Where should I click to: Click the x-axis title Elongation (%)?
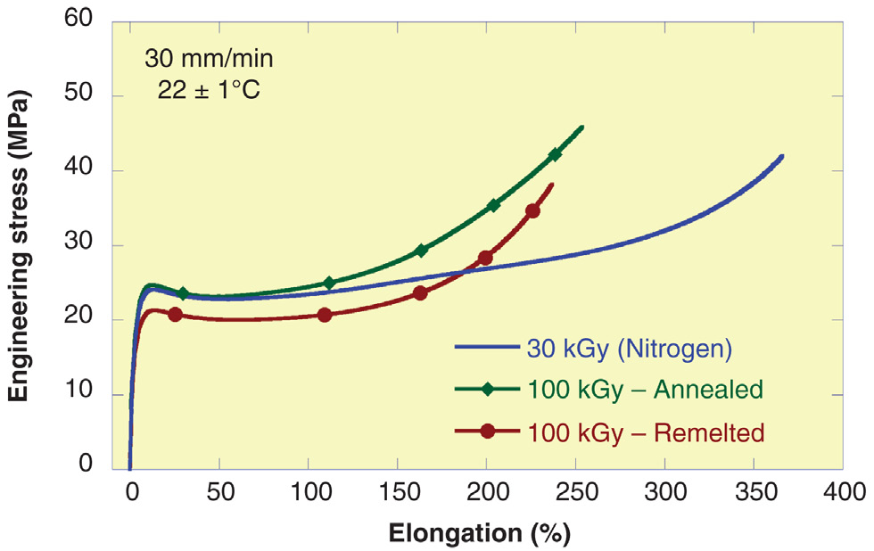click(479, 532)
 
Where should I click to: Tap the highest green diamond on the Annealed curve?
click(555, 154)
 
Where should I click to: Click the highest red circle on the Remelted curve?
click(532, 211)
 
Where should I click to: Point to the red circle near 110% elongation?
click(325, 315)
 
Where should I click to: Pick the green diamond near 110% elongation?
click(329, 284)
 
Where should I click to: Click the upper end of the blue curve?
click(782, 156)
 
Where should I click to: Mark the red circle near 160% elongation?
click(420, 293)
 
